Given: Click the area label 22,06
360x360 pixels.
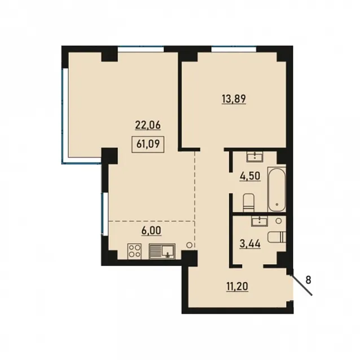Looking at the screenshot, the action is coord(148,125).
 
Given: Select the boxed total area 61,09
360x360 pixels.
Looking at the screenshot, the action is coord(148,144).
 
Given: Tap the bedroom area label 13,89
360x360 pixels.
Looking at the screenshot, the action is coord(234,99).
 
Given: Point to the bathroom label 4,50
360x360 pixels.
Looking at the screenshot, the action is coord(250,176).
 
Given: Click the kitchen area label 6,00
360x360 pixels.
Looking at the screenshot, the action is coord(151,231).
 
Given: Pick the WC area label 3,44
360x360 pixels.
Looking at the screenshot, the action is coord(250,243).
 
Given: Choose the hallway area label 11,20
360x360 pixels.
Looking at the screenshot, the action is coord(238,287).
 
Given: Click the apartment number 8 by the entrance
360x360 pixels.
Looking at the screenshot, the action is coord(308,280).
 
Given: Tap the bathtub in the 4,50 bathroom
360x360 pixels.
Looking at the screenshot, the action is coord(276,189).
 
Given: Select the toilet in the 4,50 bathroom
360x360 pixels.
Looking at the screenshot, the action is coord(248,203).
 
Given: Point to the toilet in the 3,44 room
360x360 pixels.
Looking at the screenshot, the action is coord(277,237).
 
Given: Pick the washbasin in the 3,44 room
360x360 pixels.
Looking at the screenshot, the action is coord(259,221).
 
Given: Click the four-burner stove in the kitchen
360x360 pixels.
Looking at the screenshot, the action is coord(134,251).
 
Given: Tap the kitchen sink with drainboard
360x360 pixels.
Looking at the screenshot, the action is coord(162,251).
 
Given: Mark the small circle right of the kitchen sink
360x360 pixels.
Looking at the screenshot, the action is coord(190,245).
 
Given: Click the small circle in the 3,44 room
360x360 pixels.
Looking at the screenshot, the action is coord(279,221).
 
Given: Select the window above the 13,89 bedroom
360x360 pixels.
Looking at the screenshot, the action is coord(234,49).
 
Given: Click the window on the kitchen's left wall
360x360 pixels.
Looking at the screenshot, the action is coord(105,214).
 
